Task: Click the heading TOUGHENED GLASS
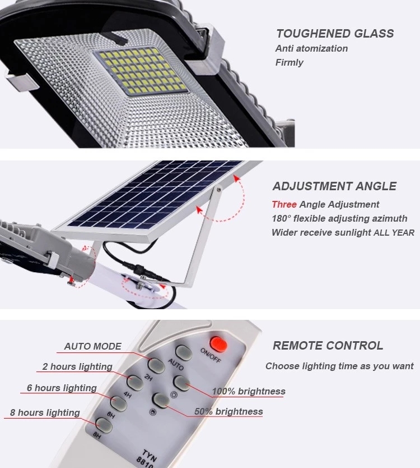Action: pos(335,34)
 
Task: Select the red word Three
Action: pos(284,204)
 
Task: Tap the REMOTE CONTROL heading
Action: pos(328,346)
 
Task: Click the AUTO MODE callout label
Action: pos(92,346)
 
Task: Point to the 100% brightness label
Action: pos(249,391)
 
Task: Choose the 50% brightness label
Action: pos(228,411)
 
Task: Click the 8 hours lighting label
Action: pos(45,412)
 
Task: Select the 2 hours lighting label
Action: pos(77,366)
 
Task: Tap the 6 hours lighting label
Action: pos(62,388)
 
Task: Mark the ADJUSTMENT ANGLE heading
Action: pos(334,186)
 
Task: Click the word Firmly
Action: pos(289,62)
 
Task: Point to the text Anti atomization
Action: pos(311,48)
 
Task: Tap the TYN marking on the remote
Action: pos(150,455)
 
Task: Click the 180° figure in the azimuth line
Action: pos(282,218)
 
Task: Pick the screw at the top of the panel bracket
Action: pos(218,189)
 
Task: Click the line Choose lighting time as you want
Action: pos(339,366)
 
